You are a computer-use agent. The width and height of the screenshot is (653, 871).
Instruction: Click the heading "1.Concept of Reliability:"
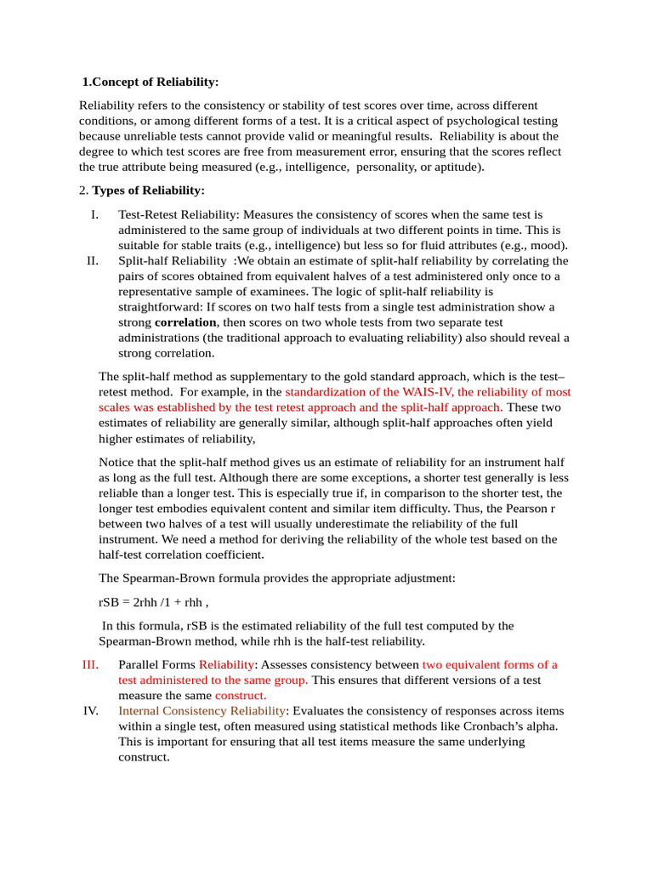coord(150,82)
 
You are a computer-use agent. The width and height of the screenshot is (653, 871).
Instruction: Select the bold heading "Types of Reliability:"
coord(148,190)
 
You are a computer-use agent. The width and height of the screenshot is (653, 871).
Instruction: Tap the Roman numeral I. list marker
coord(94,215)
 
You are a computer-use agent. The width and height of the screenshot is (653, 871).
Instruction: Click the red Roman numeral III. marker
coord(90,664)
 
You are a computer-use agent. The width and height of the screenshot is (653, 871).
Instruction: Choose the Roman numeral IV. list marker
coord(91,710)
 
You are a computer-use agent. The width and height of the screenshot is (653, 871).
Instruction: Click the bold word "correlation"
coord(186,323)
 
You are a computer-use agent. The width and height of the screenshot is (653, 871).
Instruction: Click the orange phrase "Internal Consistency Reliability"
coord(202,710)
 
